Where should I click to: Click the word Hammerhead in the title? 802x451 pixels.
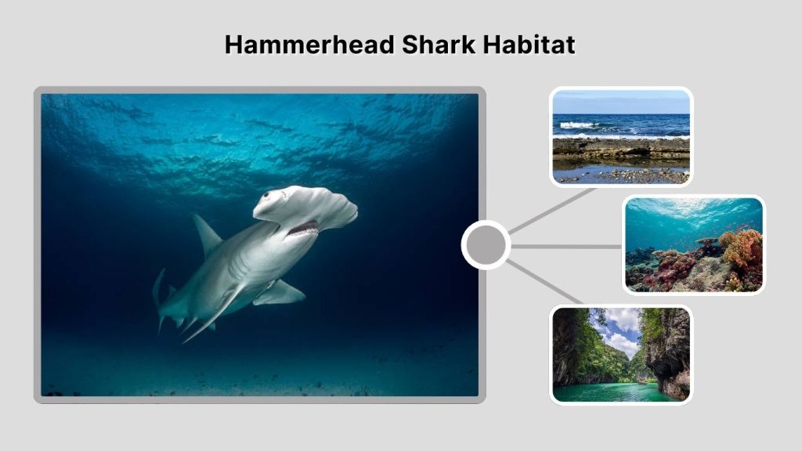[x=310, y=45]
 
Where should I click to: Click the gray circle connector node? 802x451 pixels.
[x=486, y=245]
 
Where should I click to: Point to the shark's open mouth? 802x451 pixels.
[x=303, y=229]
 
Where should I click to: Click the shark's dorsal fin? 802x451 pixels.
[x=207, y=235]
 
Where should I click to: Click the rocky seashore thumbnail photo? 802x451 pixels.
[x=621, y=137]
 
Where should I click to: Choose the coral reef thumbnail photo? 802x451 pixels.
[x=693, y=244]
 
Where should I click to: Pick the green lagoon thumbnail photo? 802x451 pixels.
[x=621, y=355]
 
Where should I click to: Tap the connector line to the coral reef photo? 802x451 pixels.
[x=566, y=246]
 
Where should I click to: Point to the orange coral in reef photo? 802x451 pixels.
[x=742, y=247]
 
